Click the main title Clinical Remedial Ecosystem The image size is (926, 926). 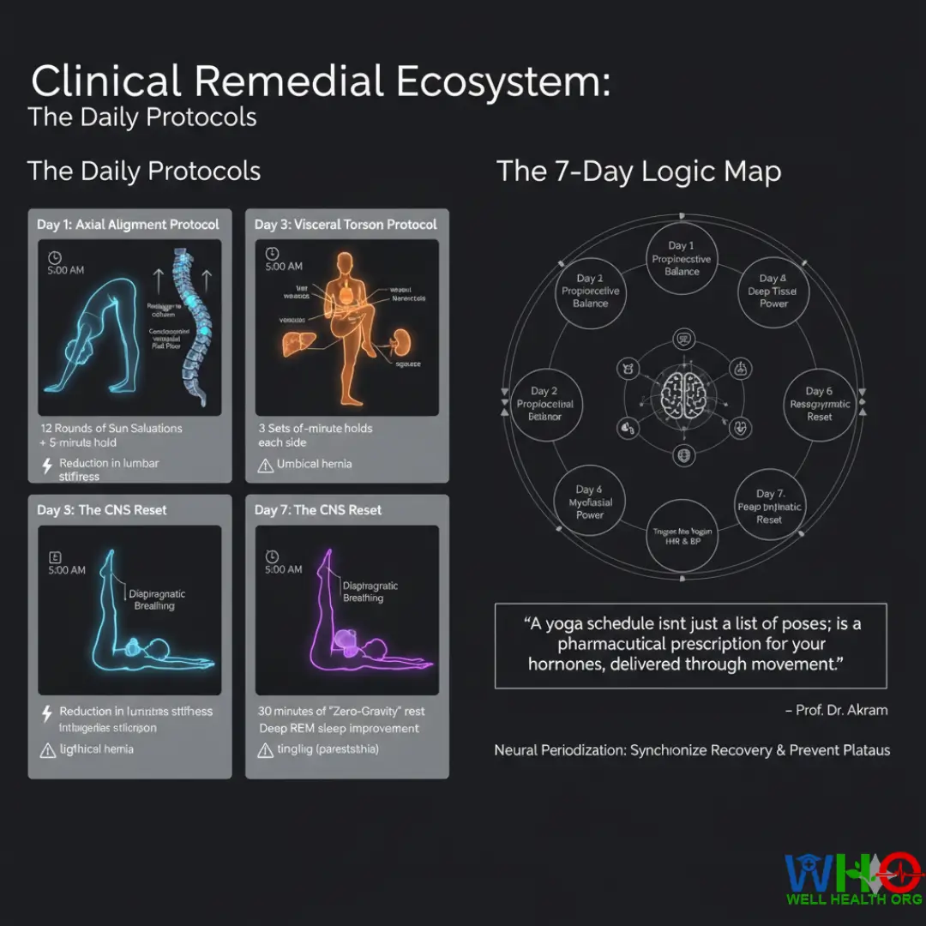320,82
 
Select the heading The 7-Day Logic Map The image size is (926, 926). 639,171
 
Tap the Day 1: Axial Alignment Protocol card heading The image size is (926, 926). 128,225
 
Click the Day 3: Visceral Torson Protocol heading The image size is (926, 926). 346,225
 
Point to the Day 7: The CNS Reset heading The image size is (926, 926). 318,510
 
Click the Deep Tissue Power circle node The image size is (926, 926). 773,291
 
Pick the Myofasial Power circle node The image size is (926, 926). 590,502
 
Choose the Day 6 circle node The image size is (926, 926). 819,404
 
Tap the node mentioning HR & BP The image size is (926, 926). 682,537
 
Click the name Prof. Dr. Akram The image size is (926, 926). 836,710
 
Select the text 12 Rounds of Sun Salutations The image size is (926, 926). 111,428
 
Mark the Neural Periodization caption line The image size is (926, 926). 692,750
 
